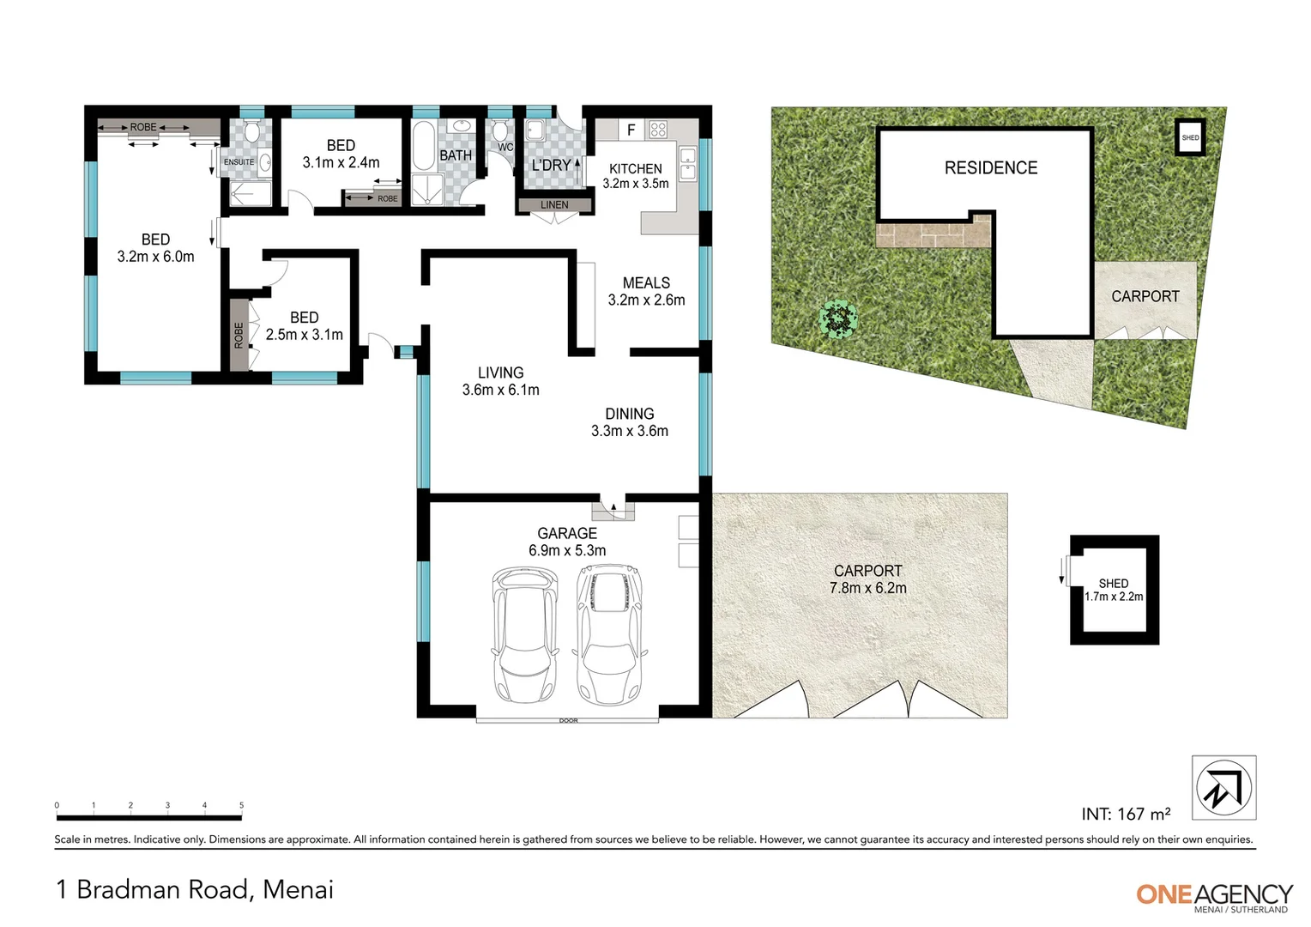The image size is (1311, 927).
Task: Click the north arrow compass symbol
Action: click(1223, 788)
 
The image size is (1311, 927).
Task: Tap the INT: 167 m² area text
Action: click(1126, 814)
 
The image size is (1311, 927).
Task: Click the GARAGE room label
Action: click(567, 533)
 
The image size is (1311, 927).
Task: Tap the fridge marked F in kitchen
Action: click(631, 130)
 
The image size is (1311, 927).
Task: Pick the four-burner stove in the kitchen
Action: click(658, 130)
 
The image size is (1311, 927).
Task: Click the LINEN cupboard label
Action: click(554, 205)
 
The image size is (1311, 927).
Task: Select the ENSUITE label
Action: click(239, 162)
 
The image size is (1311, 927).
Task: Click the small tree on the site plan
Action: click(838, 318)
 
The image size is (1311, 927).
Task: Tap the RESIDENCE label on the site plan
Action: click(991, 168)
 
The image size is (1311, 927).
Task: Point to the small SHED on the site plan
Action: click(1190, 137)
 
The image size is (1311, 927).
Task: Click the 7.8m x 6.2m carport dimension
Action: click(867, 589)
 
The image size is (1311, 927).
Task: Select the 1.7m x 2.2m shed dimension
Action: click(1114, 597)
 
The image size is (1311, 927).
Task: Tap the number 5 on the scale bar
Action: click(241, 805)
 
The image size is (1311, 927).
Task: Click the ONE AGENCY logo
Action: click(1213, 895)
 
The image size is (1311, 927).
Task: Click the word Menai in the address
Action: click(298, 889)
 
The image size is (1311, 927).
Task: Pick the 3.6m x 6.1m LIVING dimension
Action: click(500, 390)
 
